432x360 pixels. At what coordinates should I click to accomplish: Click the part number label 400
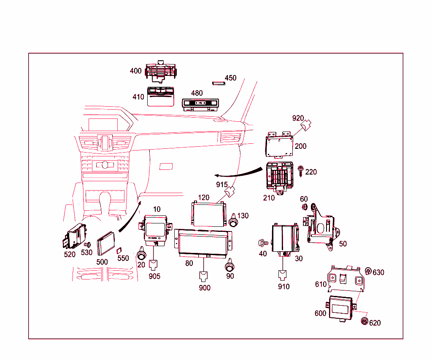coord(135,71)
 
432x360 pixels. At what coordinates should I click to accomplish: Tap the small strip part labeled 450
coord(218,83)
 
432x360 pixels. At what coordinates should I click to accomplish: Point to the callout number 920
coord(298,118)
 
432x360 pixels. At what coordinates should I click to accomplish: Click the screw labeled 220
coord(301,171)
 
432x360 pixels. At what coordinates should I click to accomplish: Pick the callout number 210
coord(269,198)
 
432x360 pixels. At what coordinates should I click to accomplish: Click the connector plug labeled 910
coord(283,274)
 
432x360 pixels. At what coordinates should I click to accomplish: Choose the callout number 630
coord(378,272)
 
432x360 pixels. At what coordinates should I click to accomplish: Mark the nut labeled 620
coord(363,322)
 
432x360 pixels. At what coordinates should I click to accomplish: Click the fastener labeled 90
coord(230,267)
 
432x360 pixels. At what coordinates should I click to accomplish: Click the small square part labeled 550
coord(119,250)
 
